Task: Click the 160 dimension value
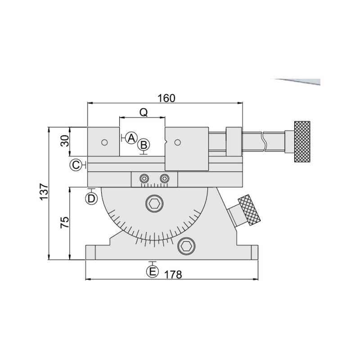[x=166, y=98]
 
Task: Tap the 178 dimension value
[x=173, y=274]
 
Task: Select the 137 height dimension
[x=44, y=192]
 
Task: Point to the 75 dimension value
[x=64, y=222]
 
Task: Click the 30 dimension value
[x=64, y=141]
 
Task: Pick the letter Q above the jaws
[x=144, y=112]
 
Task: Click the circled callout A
[x=131, y=138]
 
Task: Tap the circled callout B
[x=144, y=145]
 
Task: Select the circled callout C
[x=76, y=165]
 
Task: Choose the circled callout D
[x=91, y=198]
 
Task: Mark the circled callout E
[x=153, y=272]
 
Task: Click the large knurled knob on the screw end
[x=302, y=142]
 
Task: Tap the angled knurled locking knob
[x=249, y=210]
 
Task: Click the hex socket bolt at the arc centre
[x=155, y=203]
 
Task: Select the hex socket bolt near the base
[x=186, y=246]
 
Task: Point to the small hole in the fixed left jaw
[x=104, y=143]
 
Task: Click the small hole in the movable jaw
[x=177, y=143]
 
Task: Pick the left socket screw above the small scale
[x=144, y=178]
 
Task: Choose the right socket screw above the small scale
[x=165, y=178]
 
